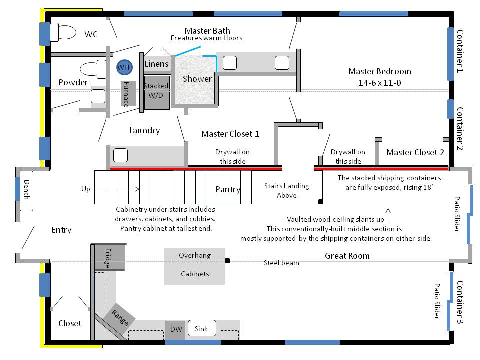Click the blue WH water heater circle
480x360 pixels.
coord(123,67)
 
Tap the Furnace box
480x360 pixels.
coord(128,94)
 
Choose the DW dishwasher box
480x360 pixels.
coord(175,330)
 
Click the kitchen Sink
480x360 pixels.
coord(201,329)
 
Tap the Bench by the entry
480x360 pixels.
coord(26,189)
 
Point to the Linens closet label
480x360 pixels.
coord(157,64)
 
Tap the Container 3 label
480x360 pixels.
coord(460,302)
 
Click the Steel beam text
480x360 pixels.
coord(282,263)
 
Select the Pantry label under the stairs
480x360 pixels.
coord(228,189)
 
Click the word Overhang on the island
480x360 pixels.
coord(194,255)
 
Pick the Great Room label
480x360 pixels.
coord(347,256)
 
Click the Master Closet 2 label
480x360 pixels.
coord(415,152)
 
